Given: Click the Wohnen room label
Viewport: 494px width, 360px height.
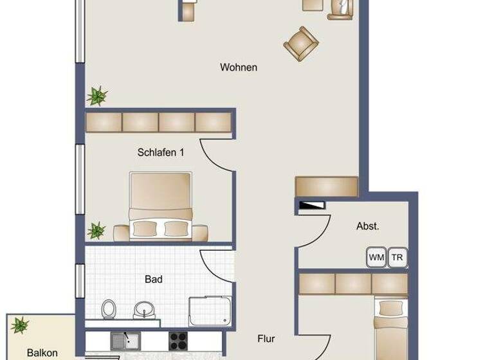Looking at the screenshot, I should pyautogui.click(x=238, y=67).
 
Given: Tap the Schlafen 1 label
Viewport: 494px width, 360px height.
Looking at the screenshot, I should pyautogui.click(x=161, y=152).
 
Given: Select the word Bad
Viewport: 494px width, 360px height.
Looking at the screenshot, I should pyautogui.click(x=154, y=279).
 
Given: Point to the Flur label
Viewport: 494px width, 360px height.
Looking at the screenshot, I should pyautogui.click(x=266, y=338).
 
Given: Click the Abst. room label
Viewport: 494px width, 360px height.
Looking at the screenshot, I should pyautogui.click(x=367, y=226).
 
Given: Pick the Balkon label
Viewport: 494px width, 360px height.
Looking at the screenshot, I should pyautogui.click(x=42, y=352).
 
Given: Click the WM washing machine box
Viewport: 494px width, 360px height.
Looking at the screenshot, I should pyautogui.click(x=376, y=256).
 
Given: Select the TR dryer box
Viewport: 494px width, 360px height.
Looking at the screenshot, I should pyautogui.click(x=398, y=256).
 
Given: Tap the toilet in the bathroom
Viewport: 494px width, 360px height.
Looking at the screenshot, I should pyautogui.click(x=109, y=309).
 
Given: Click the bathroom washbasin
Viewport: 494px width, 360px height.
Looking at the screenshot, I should pyautogui.click(x=142, y=310).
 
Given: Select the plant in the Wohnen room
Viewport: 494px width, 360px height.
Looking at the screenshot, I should pyautogui.click(x=97, y=96).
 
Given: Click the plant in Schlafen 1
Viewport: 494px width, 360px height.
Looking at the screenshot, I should pyautogui.click(x=96, y=230).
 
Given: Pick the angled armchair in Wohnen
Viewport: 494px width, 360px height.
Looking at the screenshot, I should pyautogui.click(x=300, y=42).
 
